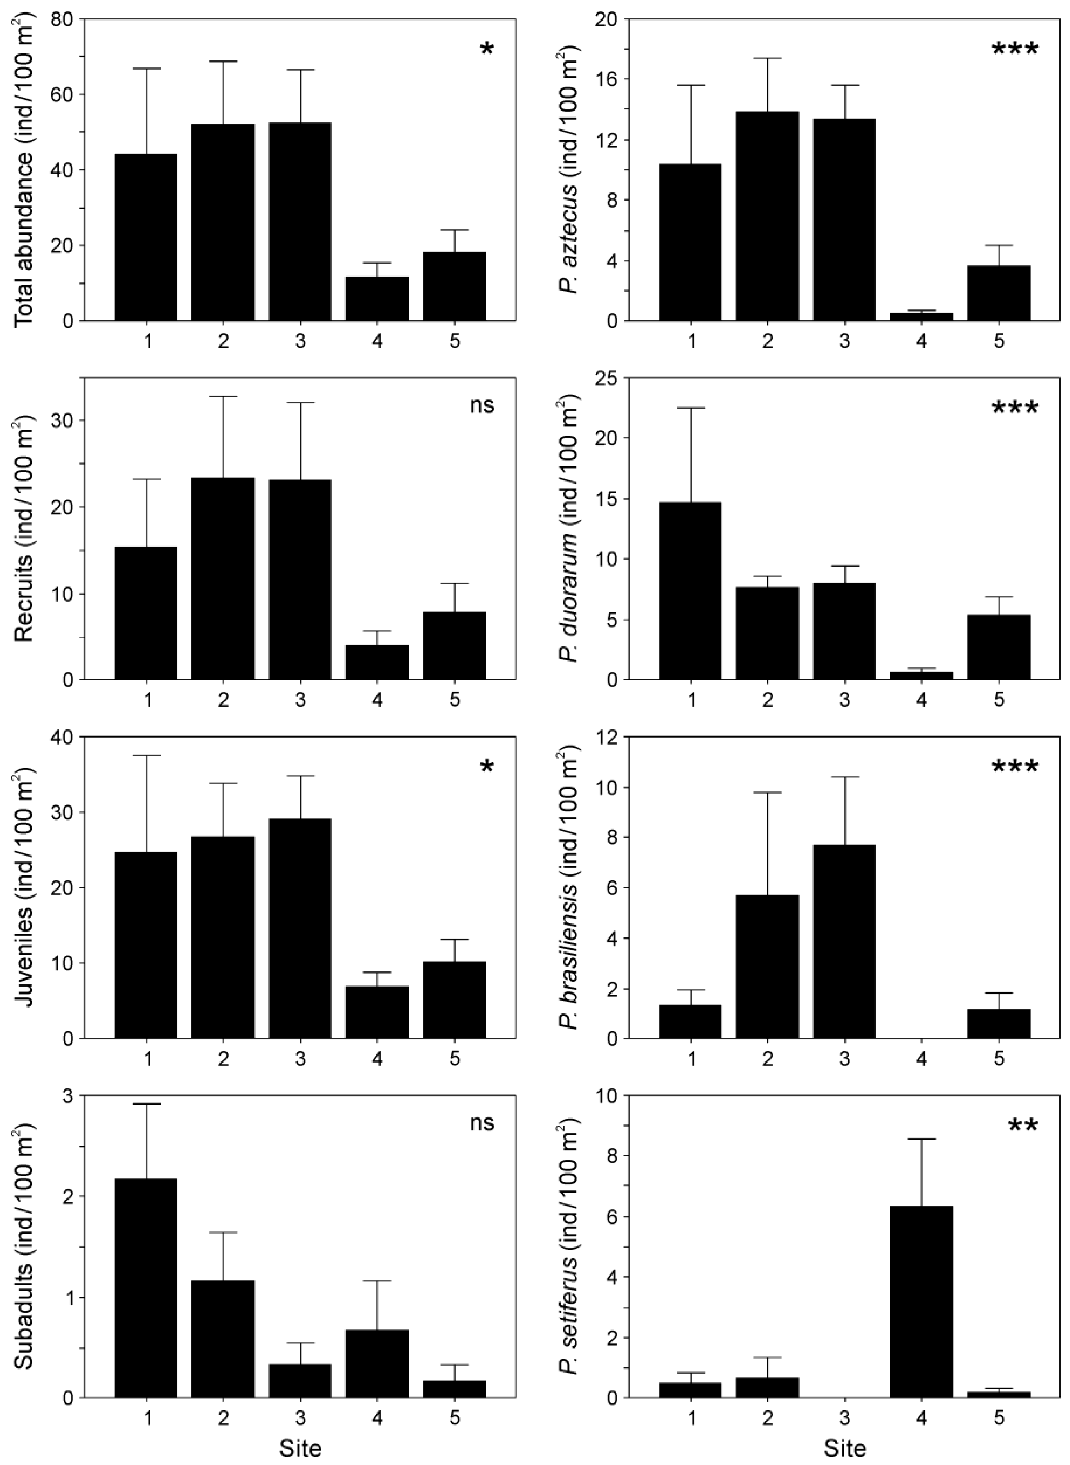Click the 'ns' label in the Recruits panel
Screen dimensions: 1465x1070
(x=482, y=406)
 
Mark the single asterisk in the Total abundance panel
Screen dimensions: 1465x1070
(x=486, y=49)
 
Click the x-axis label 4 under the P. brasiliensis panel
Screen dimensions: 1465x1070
(x=921, y=1059)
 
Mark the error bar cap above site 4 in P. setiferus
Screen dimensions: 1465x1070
(x=921, y=1157)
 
